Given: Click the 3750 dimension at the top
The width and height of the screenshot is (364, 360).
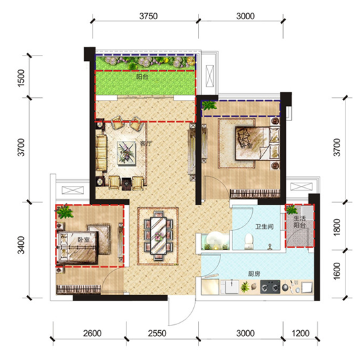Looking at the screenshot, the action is click(148, 16).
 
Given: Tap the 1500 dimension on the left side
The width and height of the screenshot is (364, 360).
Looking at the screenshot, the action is click(21, 77).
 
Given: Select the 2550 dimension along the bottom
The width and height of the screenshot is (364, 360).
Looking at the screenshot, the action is click(157, 334).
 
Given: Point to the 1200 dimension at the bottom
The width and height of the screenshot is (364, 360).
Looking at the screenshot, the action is click(300, 334).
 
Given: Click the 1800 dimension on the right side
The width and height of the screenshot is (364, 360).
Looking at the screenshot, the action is click(337, 227).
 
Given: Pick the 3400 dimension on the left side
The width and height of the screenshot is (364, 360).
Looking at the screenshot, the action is click(21, 245).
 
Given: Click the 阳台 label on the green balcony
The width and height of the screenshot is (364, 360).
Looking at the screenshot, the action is click(142, 77).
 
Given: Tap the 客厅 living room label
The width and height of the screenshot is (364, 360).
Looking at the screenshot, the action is click(146, 144).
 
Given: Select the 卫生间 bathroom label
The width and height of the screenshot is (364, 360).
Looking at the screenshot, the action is click(265, 226).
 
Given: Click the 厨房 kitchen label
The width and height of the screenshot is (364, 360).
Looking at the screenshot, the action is click(254, 274).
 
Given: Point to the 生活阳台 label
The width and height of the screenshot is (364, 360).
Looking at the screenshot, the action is click(299, 222).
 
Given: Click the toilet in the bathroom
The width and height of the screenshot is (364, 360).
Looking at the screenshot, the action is click(249, 242).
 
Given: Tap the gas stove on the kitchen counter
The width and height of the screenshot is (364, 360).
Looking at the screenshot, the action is click(270, 287).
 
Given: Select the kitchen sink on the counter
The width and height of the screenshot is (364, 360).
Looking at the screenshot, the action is click(230, 287).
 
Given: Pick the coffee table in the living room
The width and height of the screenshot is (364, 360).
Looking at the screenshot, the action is click(126, 153).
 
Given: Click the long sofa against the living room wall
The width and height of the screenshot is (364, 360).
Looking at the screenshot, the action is click(101, 153).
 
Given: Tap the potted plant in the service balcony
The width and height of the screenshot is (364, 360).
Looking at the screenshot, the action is click(291, 210).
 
